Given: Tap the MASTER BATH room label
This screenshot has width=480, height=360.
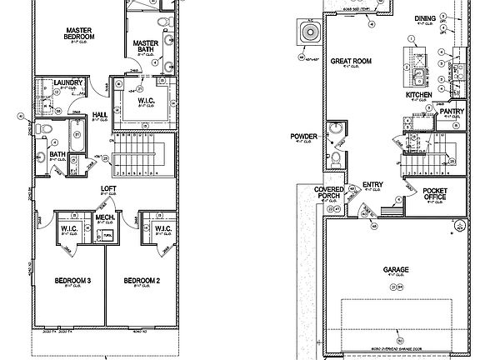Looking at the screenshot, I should [146, 46].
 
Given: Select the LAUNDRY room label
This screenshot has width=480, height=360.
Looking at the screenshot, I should [66, 82].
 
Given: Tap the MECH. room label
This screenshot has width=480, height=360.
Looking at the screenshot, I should [105, 217].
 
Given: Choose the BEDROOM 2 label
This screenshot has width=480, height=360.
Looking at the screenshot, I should [142, 280].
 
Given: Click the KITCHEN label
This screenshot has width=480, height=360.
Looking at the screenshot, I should [419, 96].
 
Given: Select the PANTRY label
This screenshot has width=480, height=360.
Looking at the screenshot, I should [452, 111].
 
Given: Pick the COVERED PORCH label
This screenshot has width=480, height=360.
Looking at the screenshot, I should [329, 193].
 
